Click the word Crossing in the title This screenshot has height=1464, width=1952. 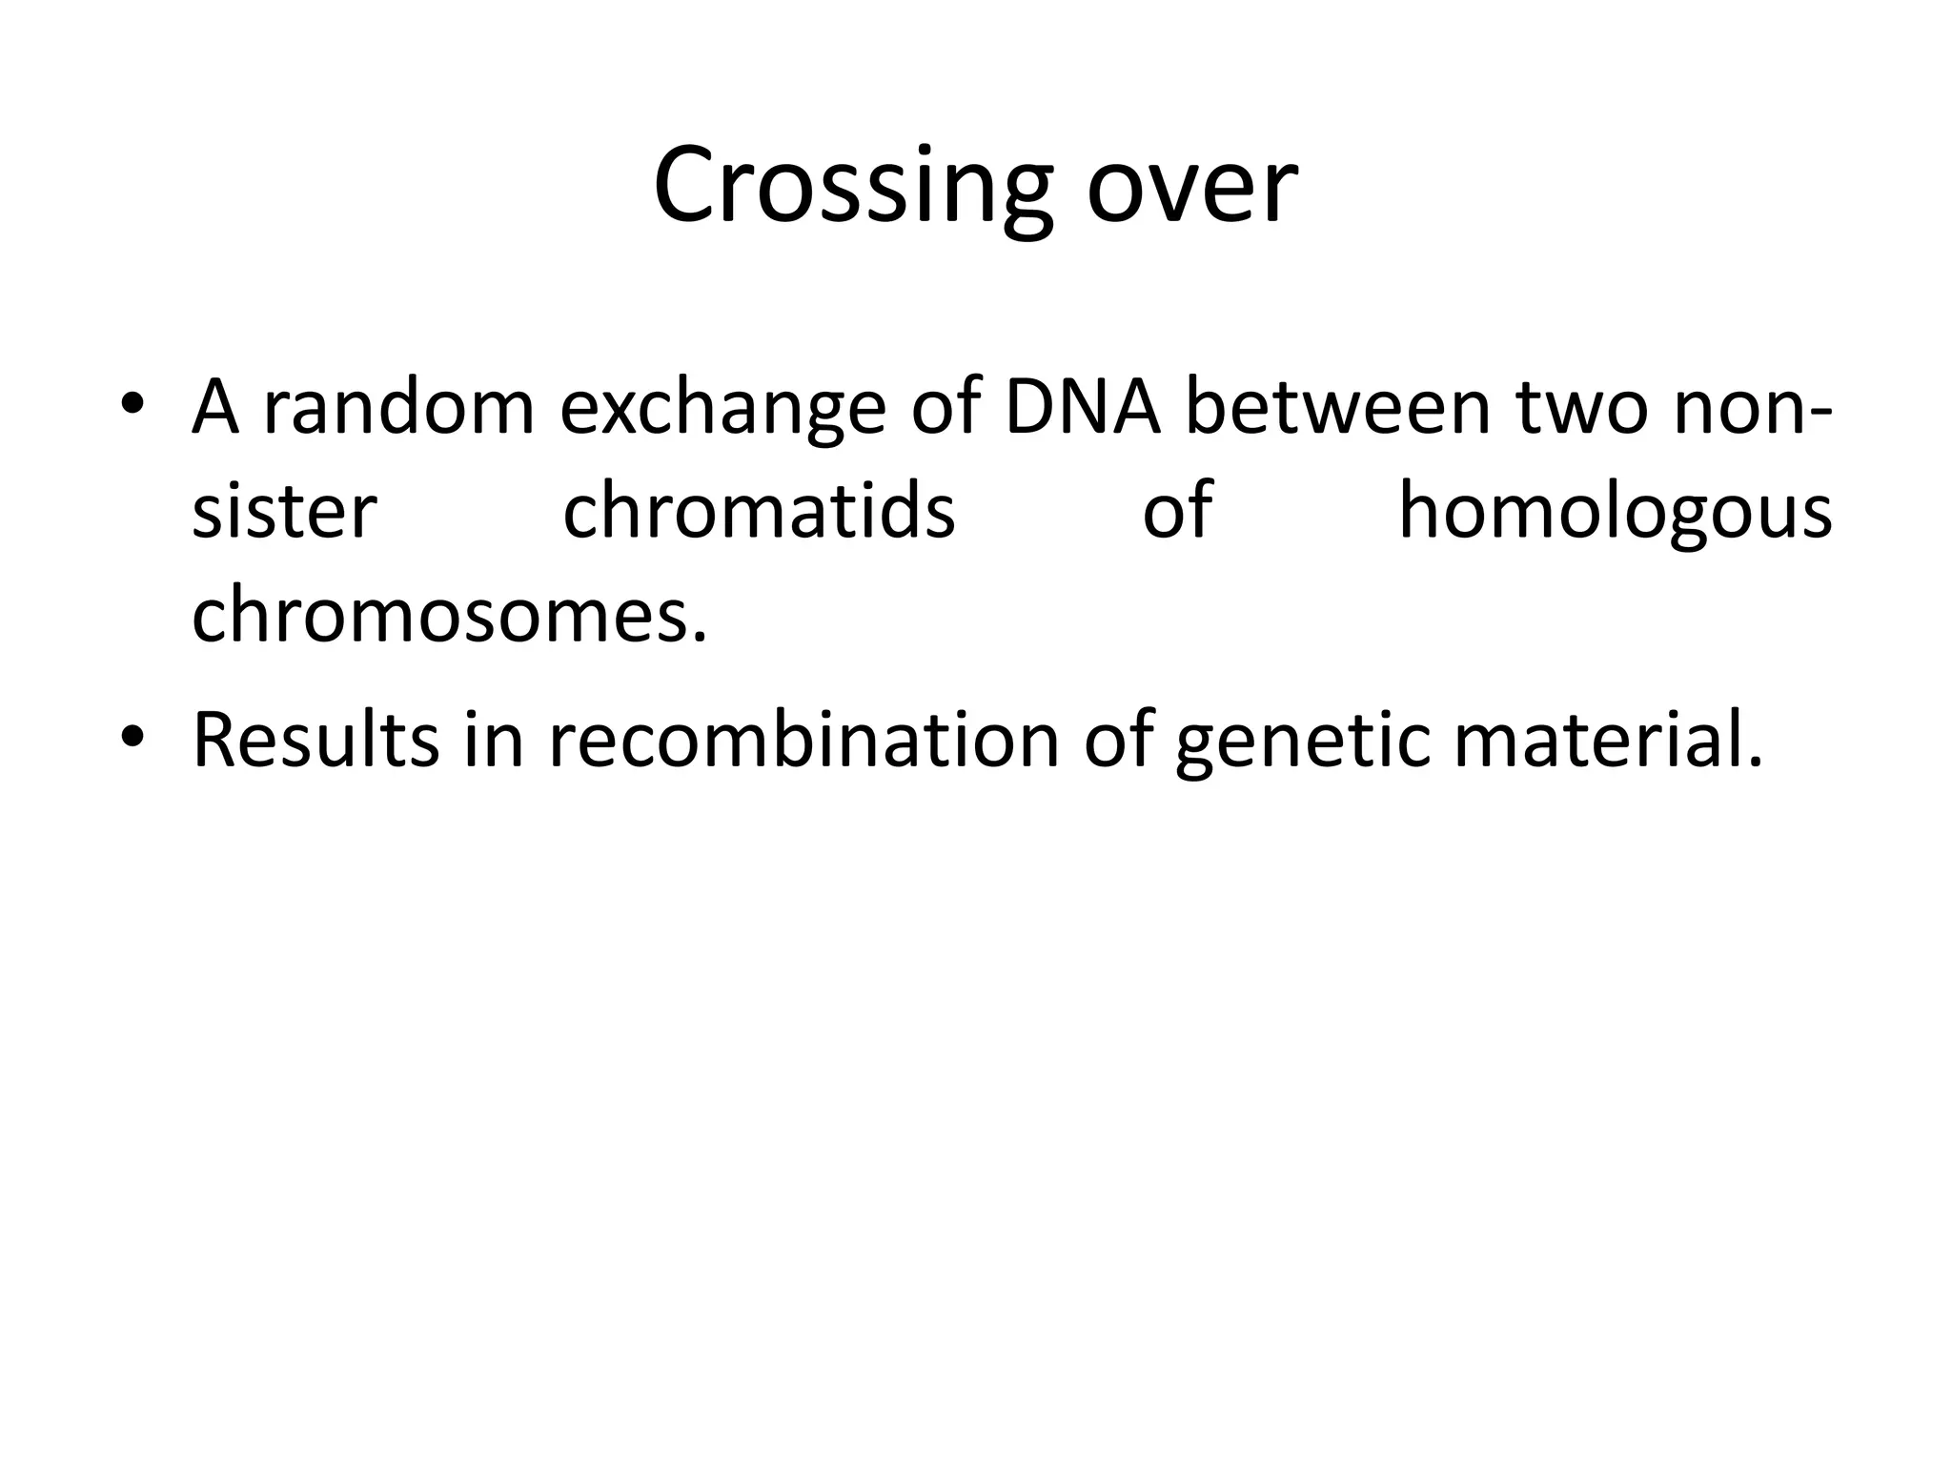[x=853, y=188]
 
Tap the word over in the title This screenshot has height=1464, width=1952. [x=1191, y=188]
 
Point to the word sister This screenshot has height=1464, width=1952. [x=284, y=512]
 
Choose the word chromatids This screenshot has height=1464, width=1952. [x=759, y=512]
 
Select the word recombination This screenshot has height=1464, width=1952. [x=803, y=740]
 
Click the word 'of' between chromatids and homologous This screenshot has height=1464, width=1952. [x=1177, y=512]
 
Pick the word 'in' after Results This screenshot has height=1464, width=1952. [x=494, y=740]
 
